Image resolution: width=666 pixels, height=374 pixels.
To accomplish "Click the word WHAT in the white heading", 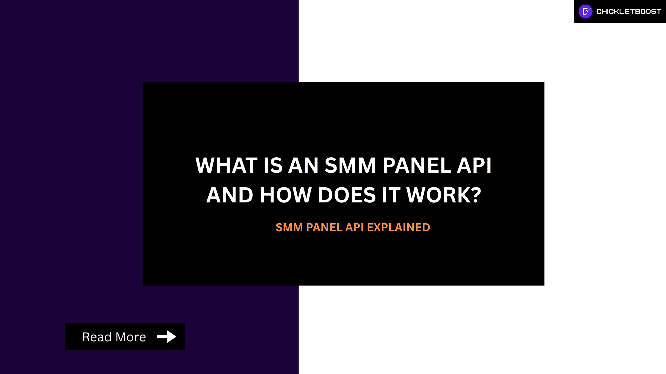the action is point(226,165).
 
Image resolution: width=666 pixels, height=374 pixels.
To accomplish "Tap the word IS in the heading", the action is point(273,165).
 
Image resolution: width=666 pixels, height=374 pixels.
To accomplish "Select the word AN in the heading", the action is point(303,165).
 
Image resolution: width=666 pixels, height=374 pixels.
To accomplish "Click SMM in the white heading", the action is point(350,165).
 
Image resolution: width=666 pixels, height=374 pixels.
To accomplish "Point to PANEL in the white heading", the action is point(417,165).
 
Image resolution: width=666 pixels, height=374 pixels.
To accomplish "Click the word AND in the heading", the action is point(230,195).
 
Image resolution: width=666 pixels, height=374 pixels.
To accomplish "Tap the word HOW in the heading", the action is point(285,195).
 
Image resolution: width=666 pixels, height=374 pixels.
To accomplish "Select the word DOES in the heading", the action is point(347,195).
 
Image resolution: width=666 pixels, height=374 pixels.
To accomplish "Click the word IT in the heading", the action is point(391,195).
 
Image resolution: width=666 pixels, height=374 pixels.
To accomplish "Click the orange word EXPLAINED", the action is point(398,228).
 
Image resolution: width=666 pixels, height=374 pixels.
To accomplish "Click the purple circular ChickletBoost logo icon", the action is point(585,12).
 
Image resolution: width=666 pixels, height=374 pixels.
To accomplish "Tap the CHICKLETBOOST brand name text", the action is point(629,12).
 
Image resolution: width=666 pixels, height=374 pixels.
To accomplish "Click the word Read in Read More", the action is point(97,337).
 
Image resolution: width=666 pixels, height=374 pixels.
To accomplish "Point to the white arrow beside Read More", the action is point(167,337).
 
